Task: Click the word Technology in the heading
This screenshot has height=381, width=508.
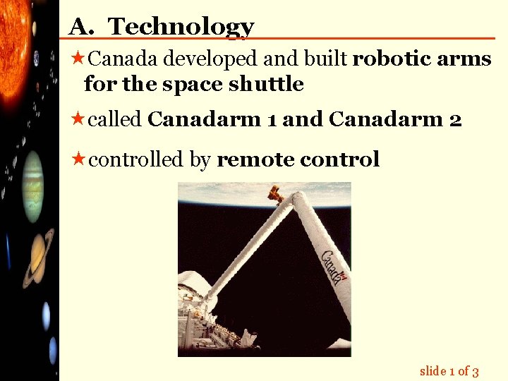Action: [x=181, y=27]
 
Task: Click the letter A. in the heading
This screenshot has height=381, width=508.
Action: [x=82, y=27]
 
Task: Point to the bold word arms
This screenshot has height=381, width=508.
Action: [x=464, y=59]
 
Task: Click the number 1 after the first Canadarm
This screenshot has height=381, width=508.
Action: [x=272, y=120]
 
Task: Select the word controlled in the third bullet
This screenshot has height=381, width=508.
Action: [x=136, y=159]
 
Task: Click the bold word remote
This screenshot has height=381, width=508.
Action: [x=255, y=159]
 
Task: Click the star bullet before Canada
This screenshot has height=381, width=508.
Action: [x=77, y=59]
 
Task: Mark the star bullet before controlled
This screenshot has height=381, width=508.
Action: [x=77, y=159]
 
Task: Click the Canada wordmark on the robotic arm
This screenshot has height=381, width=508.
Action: [x=334, y=266]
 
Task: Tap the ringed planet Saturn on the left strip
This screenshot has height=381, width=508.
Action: [x=37, y=256]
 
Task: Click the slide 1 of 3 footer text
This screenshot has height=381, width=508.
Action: [x=449, y=371]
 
